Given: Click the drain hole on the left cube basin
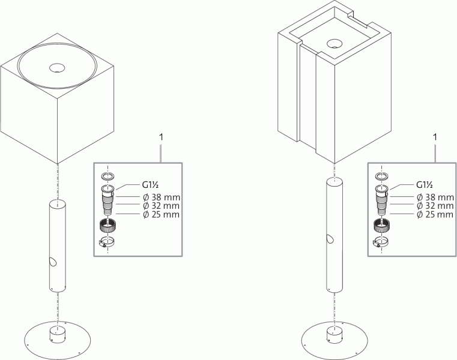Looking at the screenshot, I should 58,68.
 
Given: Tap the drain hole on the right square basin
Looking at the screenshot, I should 334,44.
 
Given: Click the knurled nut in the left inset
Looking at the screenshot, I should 107,227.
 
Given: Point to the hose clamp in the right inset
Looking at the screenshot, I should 380,242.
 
